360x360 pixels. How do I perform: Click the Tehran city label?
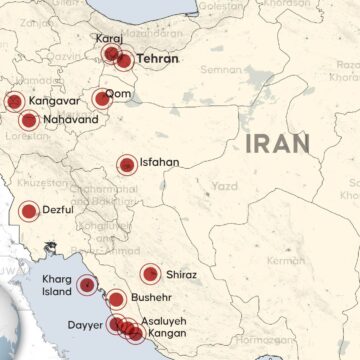(157, 59)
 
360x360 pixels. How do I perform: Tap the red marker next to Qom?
(101, 98)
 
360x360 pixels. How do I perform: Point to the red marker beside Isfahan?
(127, 165)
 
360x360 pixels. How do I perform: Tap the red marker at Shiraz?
(150, 273)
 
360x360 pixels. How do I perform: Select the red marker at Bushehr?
(117, 298)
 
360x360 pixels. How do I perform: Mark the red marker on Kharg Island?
(88, 284)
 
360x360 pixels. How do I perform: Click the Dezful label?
(63, 211)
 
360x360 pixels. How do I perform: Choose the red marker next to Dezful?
(28, 211)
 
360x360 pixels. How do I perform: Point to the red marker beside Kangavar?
(14, 101)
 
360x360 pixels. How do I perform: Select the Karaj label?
(109, 38)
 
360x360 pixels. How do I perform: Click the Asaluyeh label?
(164, 322)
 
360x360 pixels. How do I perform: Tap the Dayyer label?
(83, 323)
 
